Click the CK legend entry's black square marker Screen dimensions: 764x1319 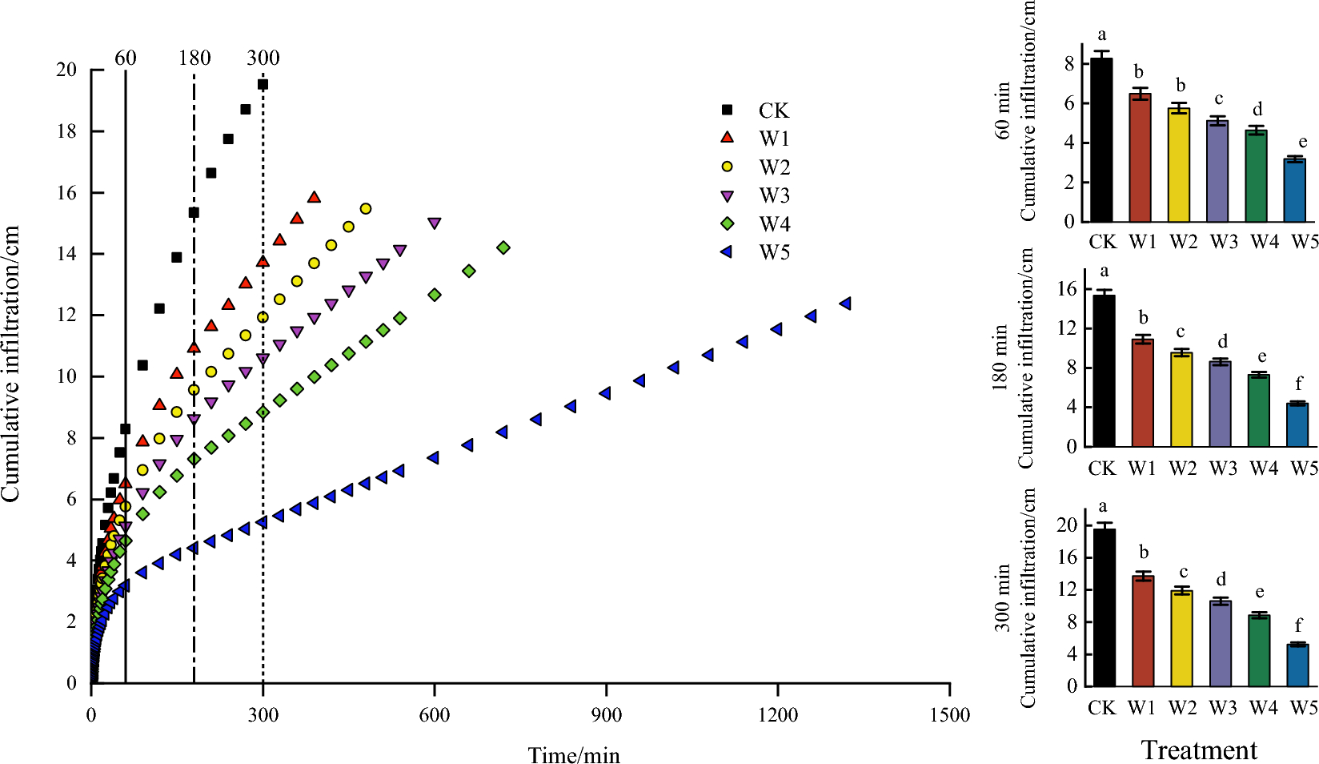[x=728, y=110]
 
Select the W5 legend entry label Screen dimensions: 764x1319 [x=774, y=253]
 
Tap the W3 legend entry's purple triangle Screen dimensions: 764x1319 [x=728, y=195]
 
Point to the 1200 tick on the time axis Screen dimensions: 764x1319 [x=778, y=715]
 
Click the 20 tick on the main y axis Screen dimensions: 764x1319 [x=66, y=70]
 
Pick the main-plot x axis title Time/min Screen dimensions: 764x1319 [x=574, y=755]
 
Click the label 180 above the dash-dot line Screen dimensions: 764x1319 [x=194, y=58]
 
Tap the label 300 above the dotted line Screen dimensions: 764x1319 [x=263, y=58]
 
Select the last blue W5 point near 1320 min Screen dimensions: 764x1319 [x=844, y=304]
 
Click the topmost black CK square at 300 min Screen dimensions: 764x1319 [x=263, y=84]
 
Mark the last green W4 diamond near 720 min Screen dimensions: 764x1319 [x=503, y=248]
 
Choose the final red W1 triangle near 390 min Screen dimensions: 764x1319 [x=314, y=198]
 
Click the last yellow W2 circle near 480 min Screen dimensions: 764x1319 [x=366, y=209]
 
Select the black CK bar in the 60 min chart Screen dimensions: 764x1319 [x=1101, y=140]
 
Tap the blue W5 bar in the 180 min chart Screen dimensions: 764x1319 [x=1297, y=425]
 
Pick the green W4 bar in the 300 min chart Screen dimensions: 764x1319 [x=1259, y=650]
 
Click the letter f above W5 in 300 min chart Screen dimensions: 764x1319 [x=1298, y=625]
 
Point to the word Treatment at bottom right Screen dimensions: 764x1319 [x=1199, y=750]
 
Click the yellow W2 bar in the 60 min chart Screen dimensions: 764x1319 [x=1179, y=165]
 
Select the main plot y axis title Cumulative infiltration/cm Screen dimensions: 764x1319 [x=11, y=364]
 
